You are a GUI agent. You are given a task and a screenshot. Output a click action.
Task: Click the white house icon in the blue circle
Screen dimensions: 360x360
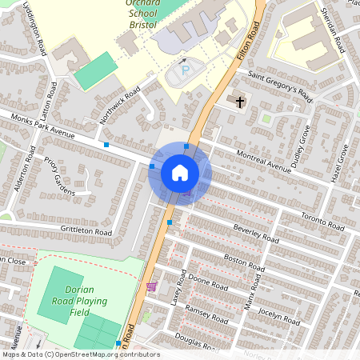(179, 173)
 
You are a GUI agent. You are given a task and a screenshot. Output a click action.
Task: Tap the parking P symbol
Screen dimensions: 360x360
(186, 71)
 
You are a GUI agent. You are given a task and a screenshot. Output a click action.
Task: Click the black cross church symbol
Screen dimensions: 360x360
(241, 101)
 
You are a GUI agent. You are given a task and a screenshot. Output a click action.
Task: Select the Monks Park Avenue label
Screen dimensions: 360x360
(43, 125)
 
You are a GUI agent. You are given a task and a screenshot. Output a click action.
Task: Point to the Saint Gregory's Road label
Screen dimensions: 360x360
(279, 85)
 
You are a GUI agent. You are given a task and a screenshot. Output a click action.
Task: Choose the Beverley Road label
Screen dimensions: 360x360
(256, 233)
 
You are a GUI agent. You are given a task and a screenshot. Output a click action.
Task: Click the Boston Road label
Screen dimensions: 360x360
(244, 262)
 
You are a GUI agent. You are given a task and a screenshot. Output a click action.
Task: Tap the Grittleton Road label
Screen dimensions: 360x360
(86, 230)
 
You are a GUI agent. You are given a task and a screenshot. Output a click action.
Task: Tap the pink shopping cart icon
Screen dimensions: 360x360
(150, 286)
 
